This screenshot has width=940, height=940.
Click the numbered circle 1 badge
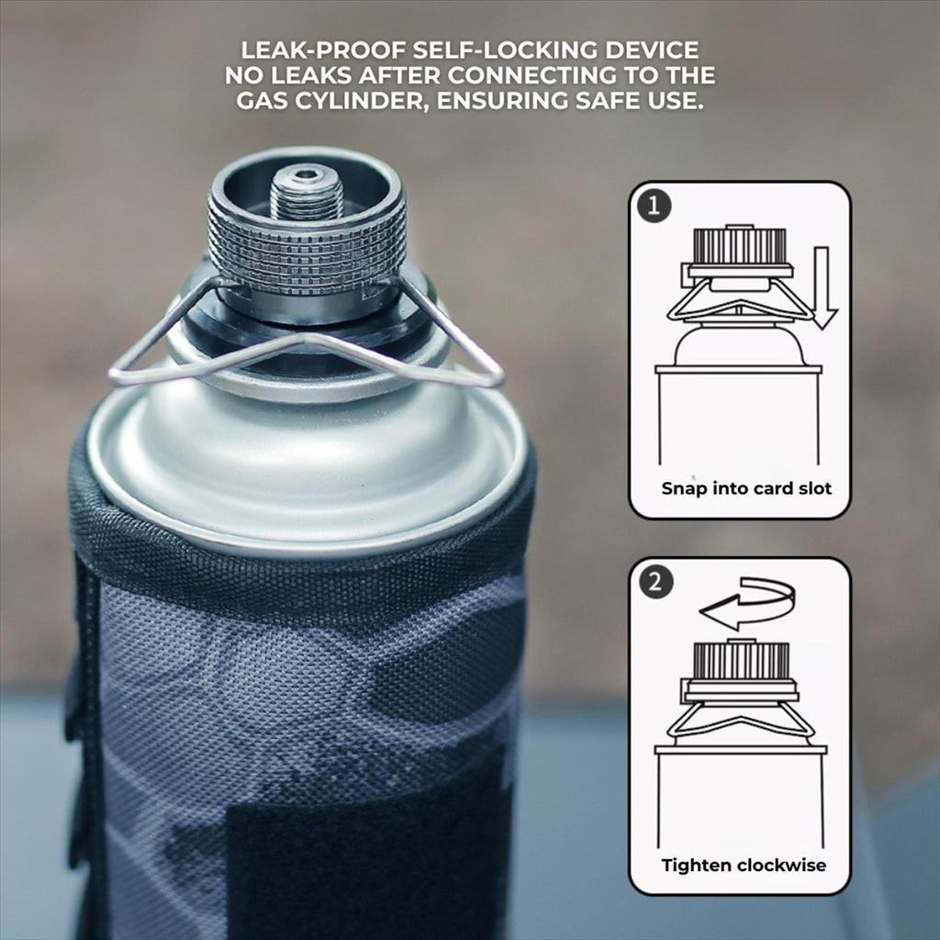click(x=655, y=207)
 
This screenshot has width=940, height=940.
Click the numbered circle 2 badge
click(x=655, y=582)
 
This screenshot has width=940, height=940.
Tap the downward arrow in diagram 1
click(x=823, y=287)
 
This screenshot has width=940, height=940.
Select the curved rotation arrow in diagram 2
click(x=747, y=603)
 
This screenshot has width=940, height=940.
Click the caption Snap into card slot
click(x=746, y=488)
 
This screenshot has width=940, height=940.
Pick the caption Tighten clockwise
click(x=744, y=865)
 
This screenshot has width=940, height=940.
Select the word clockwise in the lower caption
click(x=782, y=865)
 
